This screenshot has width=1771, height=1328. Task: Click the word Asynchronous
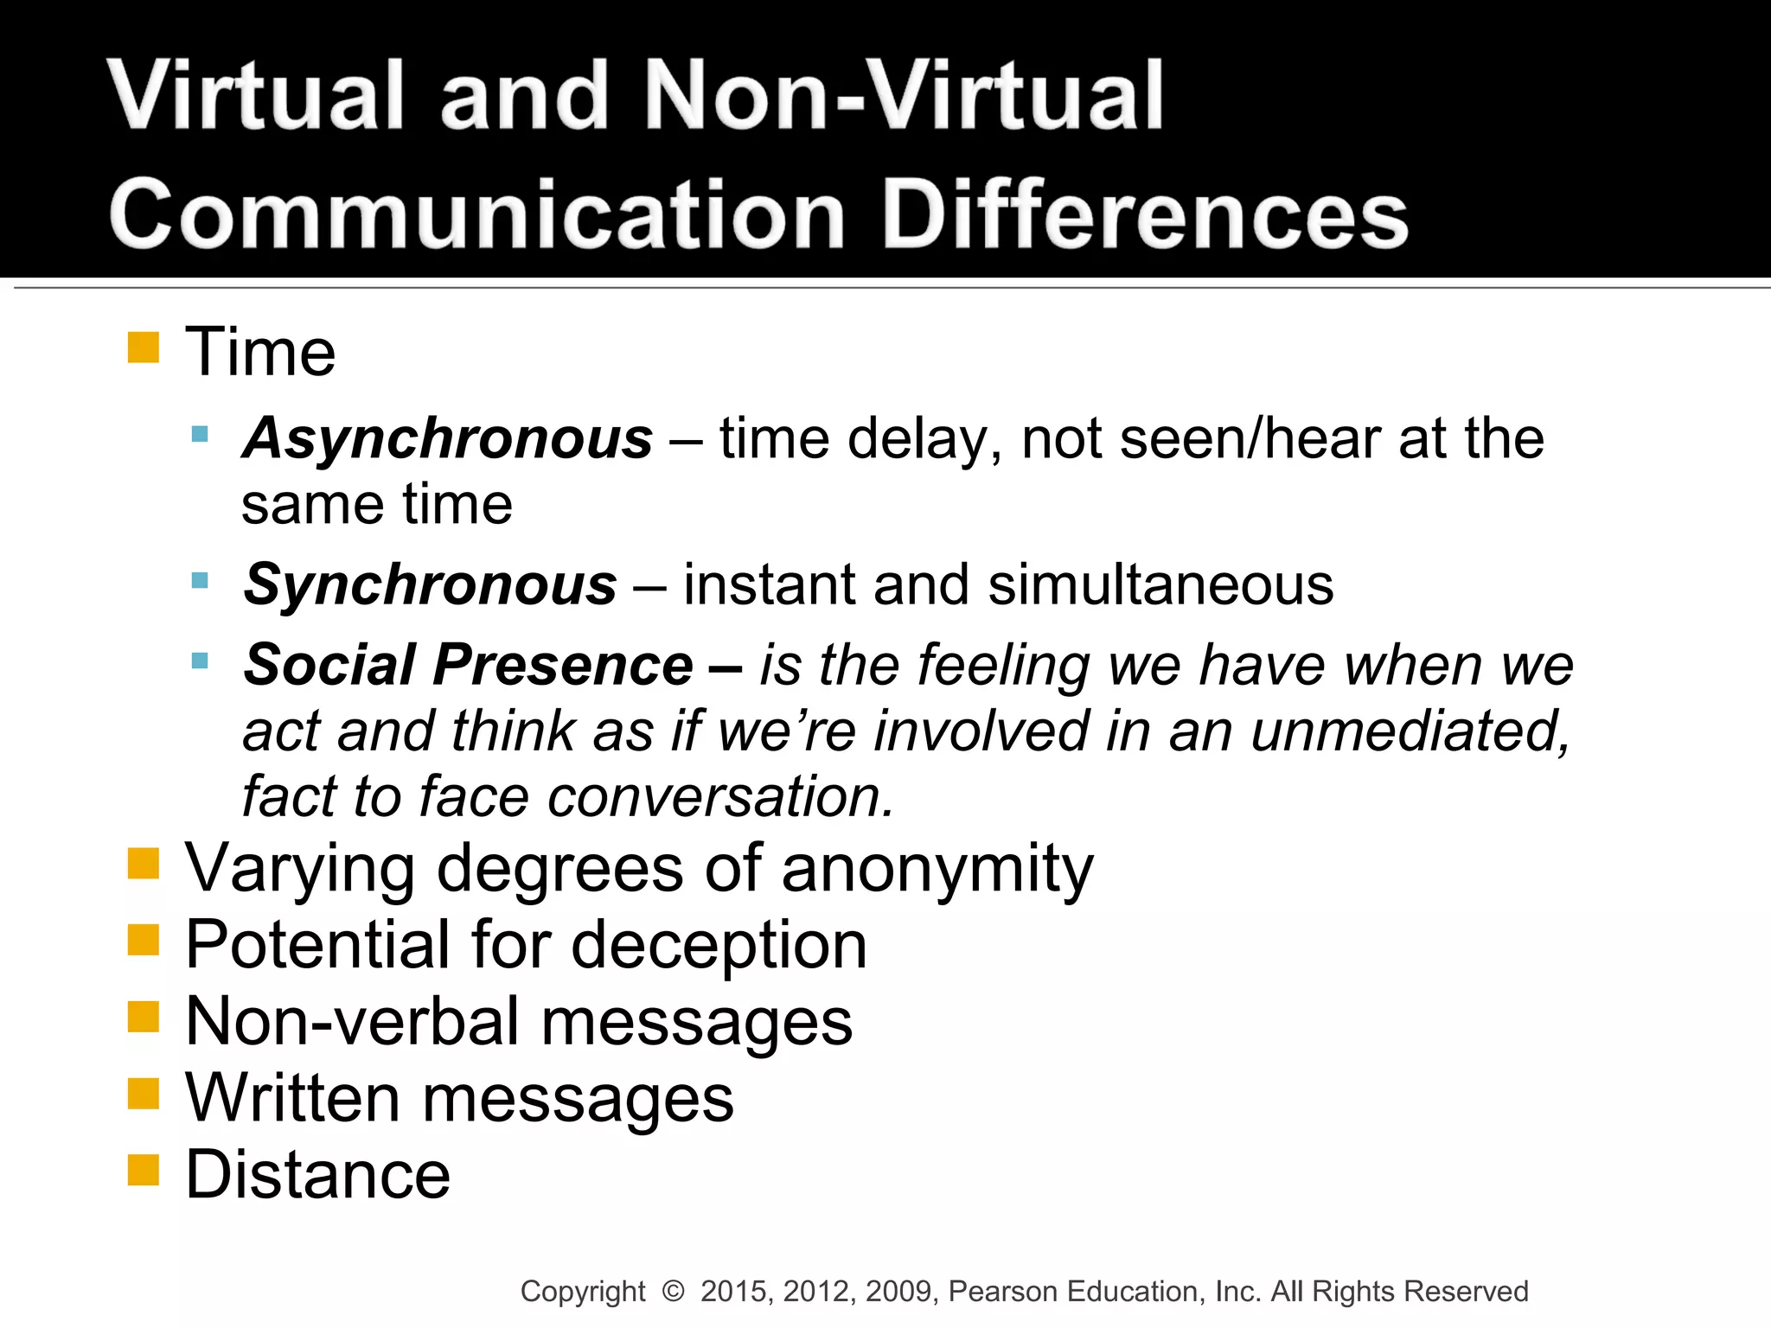click(448, 439)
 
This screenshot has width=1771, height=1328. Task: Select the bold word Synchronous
click(430, 585)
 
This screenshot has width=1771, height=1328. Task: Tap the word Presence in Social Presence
click(563, 665)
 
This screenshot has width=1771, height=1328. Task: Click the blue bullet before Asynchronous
click(200, 434)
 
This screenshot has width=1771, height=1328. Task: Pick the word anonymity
click(937, 869)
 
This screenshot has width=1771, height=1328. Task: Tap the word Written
click(292, 1098)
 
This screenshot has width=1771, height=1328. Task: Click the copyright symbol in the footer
click(673, 1291)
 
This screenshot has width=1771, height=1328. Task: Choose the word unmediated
click(1410, 731)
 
